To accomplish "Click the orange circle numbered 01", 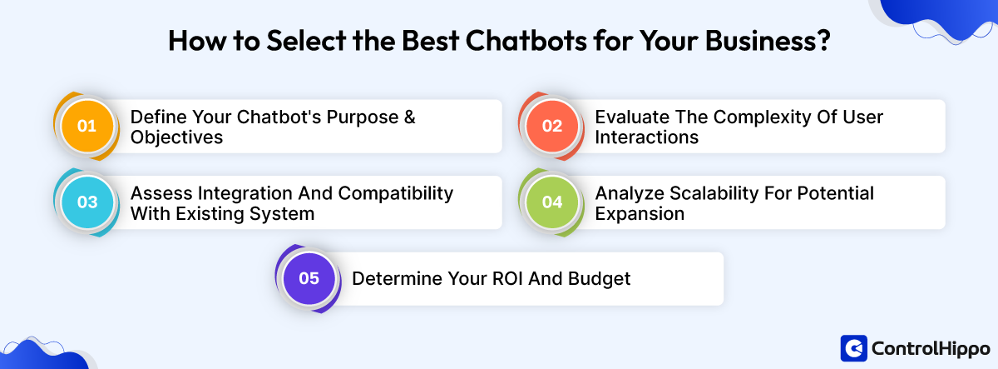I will pyautogui.click(x=87, y=127).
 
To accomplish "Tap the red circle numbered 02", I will pyautogui.click(x=552, y=127).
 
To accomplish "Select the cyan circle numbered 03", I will pyautogui.click(x=87, y=202).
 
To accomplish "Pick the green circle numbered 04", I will pyautogui.click(x=552, y=202).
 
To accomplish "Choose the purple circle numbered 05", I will pyautogui.click(x=309, y=279).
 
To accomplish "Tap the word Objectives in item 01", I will pyautogui.click(x=176, y=137).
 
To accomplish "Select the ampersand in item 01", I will pyautogui.click(x=408, y=117).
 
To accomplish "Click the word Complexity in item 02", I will pyautogui.click(x=747, y=117).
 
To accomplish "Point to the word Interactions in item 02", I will pyautogui.click(x=645, y=137).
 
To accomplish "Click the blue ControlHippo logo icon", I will pyautogui.click(x=854, y=347).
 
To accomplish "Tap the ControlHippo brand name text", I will pyautogui.click(x=930, y=347).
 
